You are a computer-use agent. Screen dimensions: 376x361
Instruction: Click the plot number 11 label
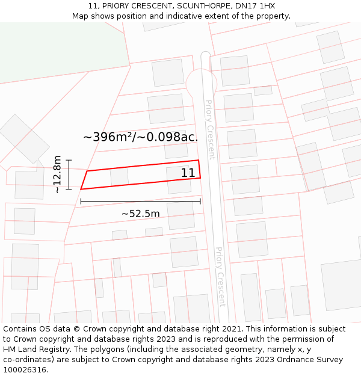click(x=188, y=173)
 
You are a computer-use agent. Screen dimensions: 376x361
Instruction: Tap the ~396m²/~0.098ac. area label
click(x=140, y=137)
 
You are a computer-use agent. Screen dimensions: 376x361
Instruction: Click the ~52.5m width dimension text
click(x=141, y=214)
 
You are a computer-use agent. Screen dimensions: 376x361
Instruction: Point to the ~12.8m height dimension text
click(x=57, y=174)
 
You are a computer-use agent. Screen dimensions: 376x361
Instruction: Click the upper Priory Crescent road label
click(x=210, y=129)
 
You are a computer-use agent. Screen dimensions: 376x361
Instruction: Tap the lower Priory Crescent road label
click(x=220, y=277)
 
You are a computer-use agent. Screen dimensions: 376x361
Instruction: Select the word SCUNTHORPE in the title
click(x=202, y=6)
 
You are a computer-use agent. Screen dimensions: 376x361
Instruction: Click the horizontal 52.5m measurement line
click(x=140, y=202)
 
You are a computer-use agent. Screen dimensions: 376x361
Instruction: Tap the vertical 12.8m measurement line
click(x=69, y=174)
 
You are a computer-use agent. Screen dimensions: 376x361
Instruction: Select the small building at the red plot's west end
click(x=119, y=176)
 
